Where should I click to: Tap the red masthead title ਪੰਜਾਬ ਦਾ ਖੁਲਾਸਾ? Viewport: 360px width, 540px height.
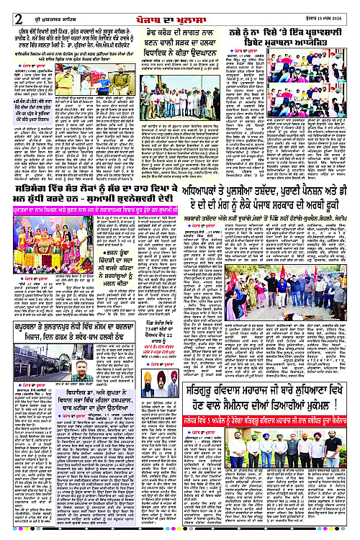coord(180,8)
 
